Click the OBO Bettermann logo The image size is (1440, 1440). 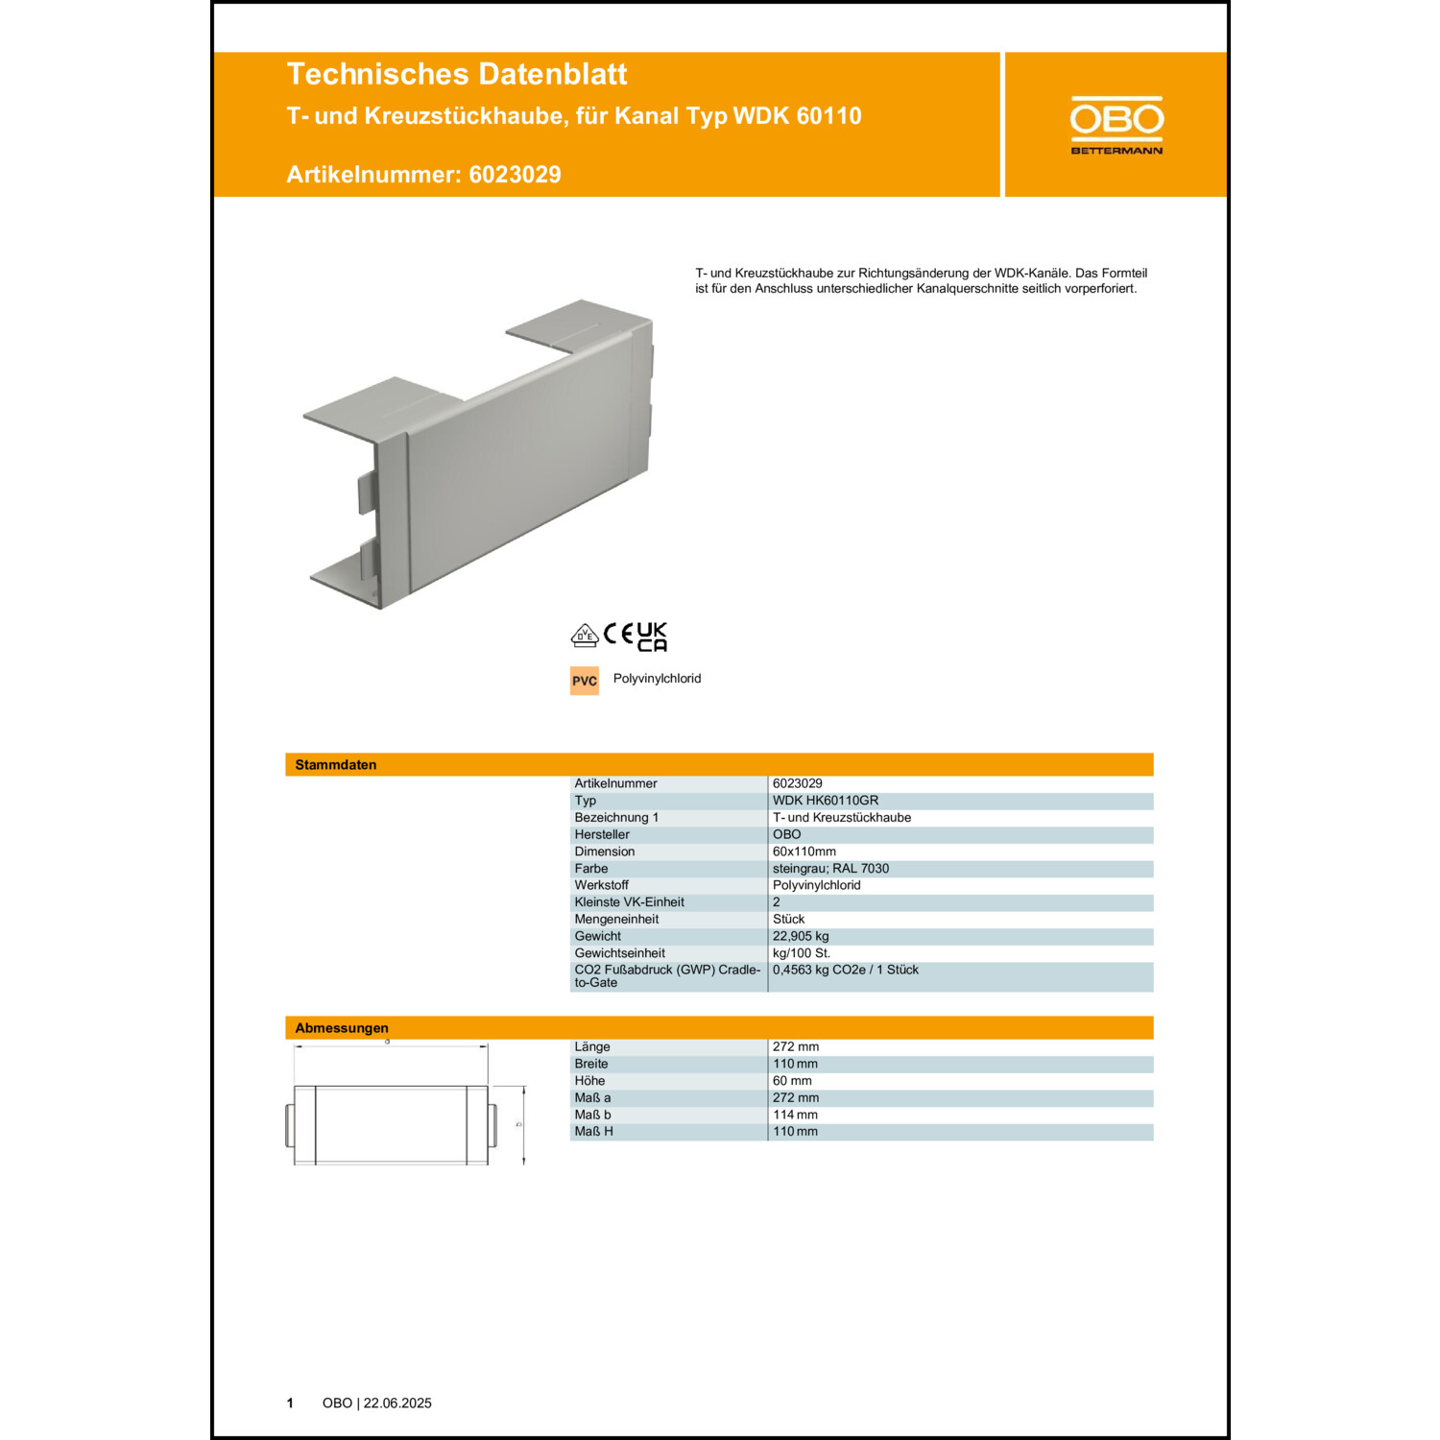(1116, 125)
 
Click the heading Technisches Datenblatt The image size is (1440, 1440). (457, 74)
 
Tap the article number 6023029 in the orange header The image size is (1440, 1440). (515, 175)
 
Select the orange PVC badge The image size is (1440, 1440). (585, 681)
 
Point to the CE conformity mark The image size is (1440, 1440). (618, 634)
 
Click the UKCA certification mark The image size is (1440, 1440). (652, 636)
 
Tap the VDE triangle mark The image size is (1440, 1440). (585, 636)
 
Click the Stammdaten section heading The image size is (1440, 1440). (336, 765)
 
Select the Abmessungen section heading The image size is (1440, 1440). (342, 1028)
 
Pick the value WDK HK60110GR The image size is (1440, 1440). (826, 801)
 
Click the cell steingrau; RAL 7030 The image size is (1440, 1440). (830, 869)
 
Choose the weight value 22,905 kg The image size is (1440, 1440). (801, 936)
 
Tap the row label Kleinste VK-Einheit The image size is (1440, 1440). (629, 902)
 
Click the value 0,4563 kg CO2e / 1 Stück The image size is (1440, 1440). (846, 970)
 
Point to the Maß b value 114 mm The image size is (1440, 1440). (795, 1115)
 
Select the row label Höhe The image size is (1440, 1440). (589, 1081)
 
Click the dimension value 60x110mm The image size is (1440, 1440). (804, 852)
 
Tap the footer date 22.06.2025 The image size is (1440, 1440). (397, 1404)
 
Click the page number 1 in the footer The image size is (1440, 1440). (290, 1404)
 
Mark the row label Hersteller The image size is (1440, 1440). (602, 834)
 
